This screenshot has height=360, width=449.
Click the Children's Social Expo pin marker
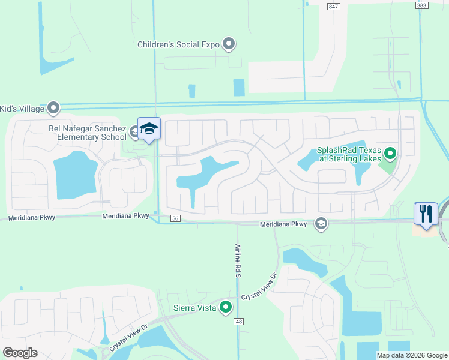(x=228, y=44)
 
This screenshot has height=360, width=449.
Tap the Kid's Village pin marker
(x=53, y=109)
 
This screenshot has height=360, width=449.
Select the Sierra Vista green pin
(x=226, y=307)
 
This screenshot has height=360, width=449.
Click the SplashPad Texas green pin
(x=390, y=155)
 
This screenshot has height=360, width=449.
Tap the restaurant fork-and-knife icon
(x=426, y=214)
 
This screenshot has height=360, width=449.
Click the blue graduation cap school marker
(x=149, y=129)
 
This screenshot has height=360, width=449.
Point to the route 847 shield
(x=334, y=5)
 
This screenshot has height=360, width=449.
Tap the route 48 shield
(x=239, y=322)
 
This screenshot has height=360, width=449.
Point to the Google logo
(x=20, y=352)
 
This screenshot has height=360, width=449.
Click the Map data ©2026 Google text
(x=411, y=355)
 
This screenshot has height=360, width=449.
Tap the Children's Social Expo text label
(x=178, y=44)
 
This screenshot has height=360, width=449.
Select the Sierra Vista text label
(x=195, y=308)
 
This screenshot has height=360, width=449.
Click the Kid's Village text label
(x=22, y=109)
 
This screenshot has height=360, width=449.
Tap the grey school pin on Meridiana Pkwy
(x=321, y=224)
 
